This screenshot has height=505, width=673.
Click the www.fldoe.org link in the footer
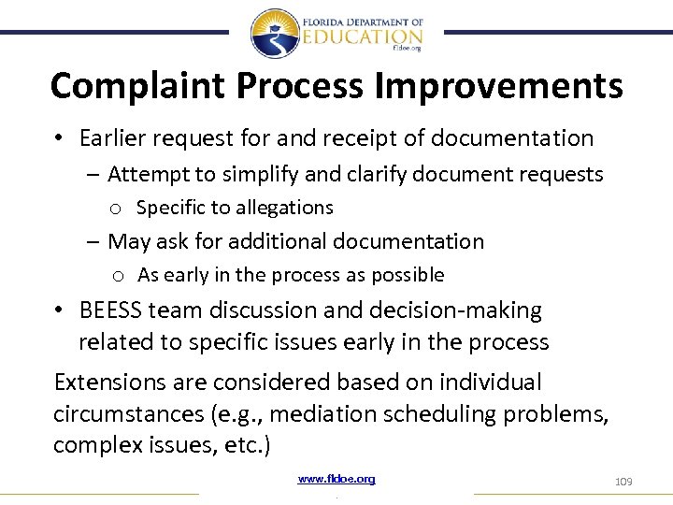pyautogui.click(x=336, y=479)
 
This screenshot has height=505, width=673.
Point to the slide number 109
pyautogui.click(x=623, y=482)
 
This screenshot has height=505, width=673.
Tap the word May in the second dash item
pyautogui.click(x=128, y=241)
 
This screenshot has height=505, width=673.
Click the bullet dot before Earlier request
pyautogui.click(x=58, y=139)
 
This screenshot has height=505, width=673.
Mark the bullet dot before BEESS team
pyautogui.click(x=58, y=310)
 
